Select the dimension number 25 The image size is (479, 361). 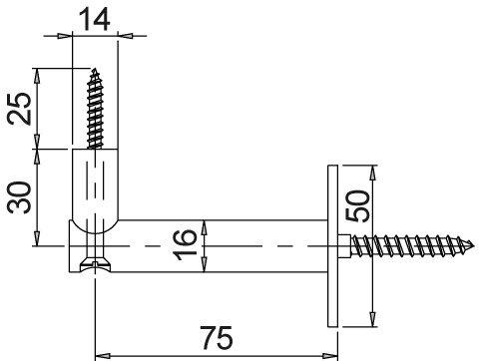pyautogui.click(x=17, y=108)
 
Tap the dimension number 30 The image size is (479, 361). pyautogui.click(x=17, y=197)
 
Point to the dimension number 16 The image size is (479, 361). pyautogui.click(x=186, y=243)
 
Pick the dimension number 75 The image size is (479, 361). pyautogui.click(x=216, y=339)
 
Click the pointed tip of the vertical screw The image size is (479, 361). pyautogui.click(x=97, y=70)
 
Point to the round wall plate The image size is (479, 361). pyautogui.click(x=331, y=242)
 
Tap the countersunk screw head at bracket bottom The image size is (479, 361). pyautogui.click(x=95, y=264)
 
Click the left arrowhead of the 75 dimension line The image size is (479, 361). pyautogui.click(x=100, y=352)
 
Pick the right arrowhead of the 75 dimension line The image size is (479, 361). pyautogui.click(x=332, y=352)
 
